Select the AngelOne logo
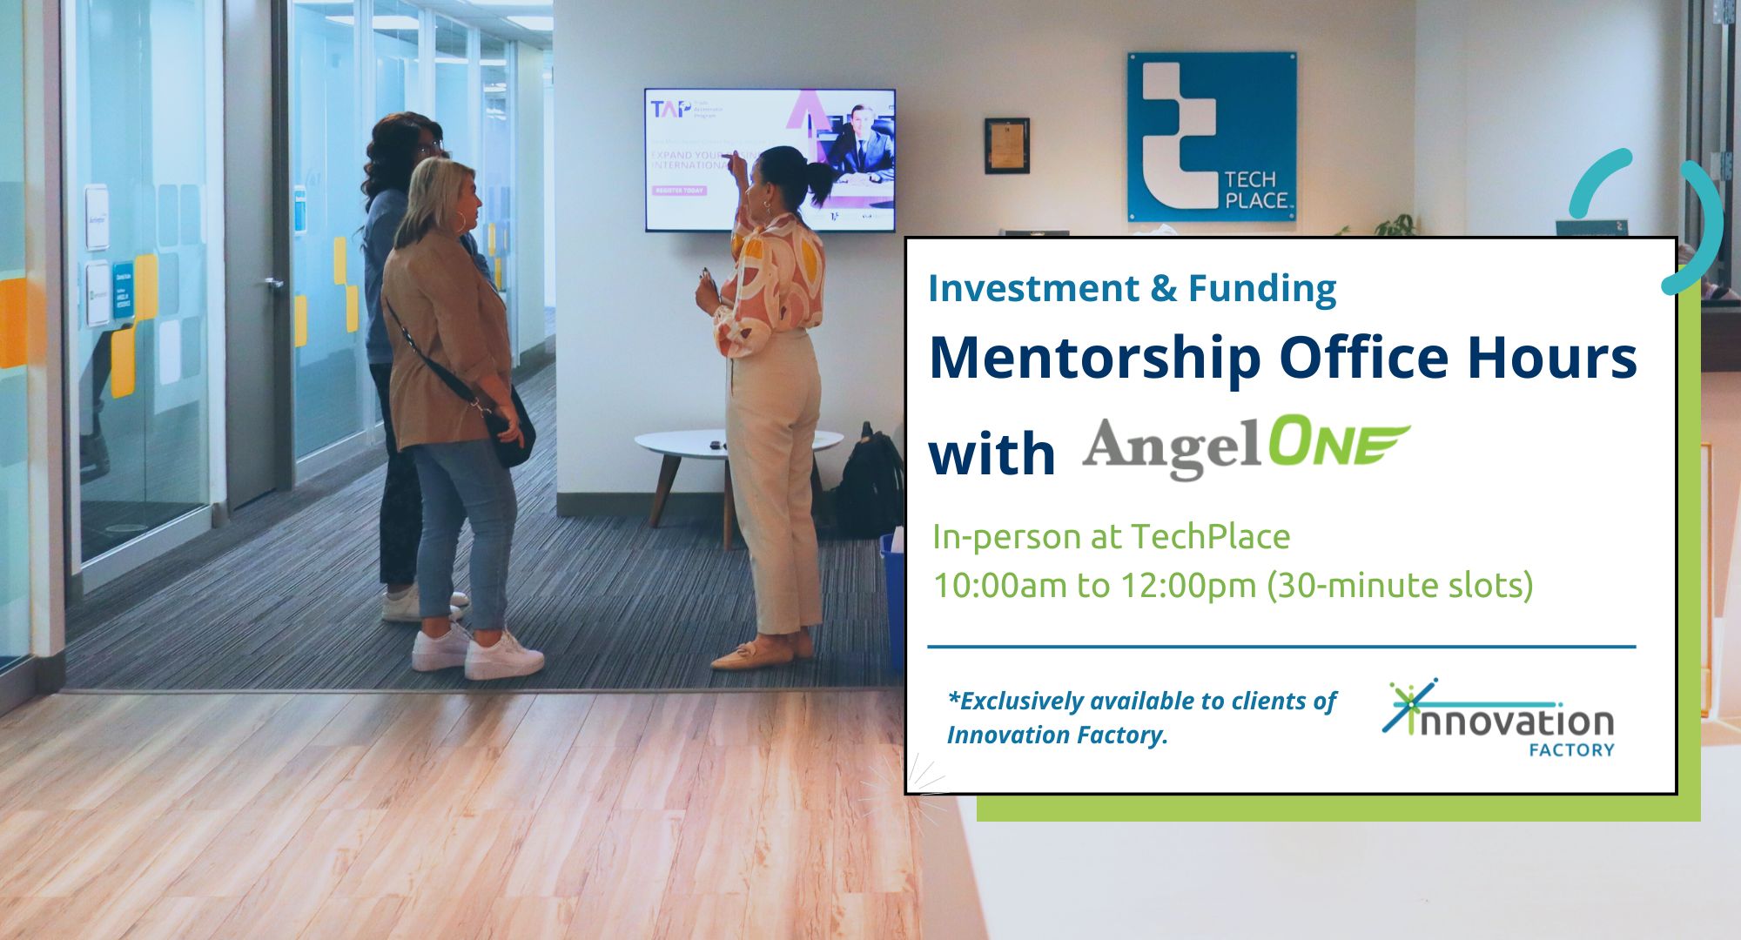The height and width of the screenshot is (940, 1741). (x=1245, y=447)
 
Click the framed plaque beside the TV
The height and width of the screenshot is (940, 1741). (x=1007, y=145)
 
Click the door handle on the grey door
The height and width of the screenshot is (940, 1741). (x=274, y=284)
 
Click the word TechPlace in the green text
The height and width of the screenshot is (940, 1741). (x=1210, y=537)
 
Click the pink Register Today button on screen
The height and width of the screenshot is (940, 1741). (x=679, y=191)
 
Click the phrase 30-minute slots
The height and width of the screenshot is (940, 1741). (x=1402, y=585)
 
